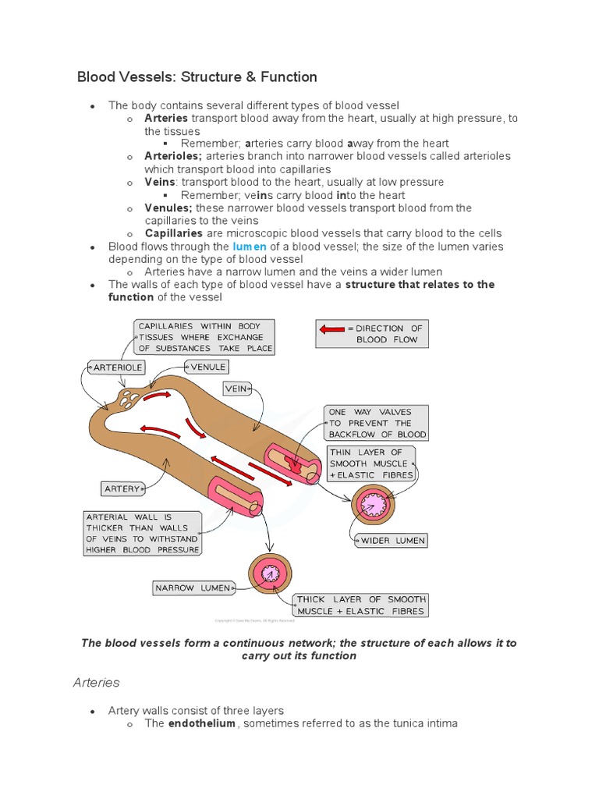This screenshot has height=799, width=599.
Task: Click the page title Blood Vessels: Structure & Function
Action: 197,76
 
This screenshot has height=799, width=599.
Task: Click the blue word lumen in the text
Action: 250,247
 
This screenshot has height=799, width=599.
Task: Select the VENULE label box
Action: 207,366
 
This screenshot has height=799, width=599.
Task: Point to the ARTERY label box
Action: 122,488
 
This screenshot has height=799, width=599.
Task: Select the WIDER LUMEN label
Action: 392,540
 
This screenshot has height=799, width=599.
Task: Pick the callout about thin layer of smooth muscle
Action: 370,463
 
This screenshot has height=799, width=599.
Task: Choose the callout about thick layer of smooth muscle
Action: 360,605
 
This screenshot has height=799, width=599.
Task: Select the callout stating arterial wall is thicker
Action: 142,533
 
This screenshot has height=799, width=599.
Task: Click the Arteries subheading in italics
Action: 97,683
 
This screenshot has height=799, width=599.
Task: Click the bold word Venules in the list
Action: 168,208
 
